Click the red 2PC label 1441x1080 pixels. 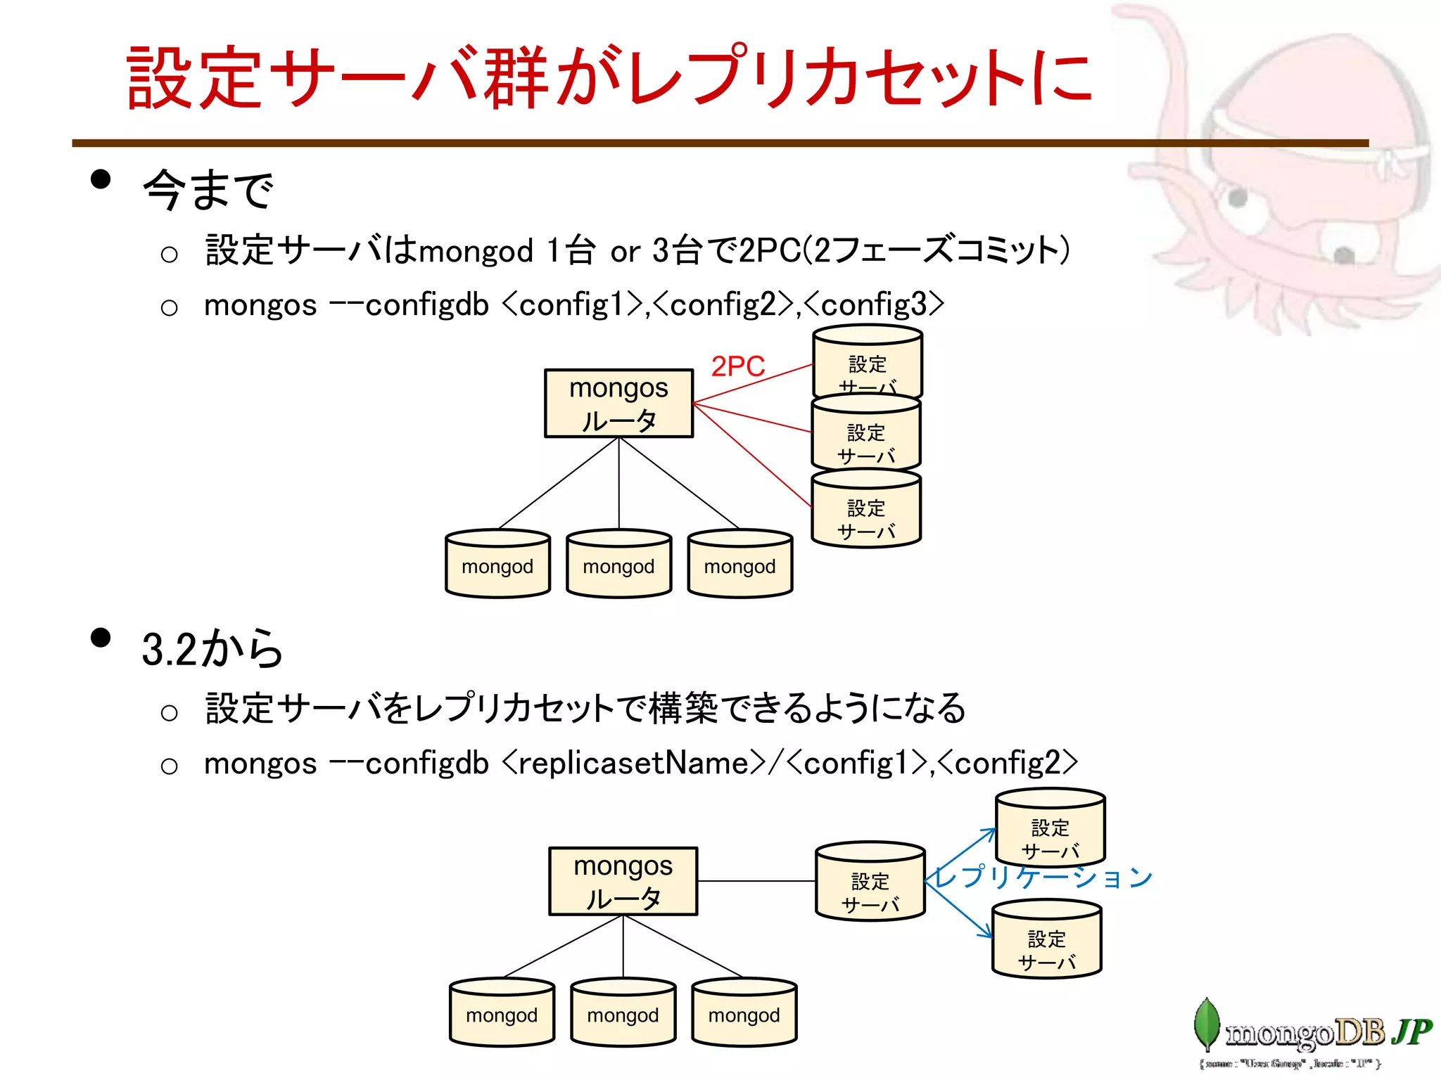(x=737, y=366)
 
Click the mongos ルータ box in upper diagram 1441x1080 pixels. (x=618, y=404)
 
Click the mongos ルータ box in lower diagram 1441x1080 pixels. (x=623, y=881)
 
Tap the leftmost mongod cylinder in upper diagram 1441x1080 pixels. (x=497, y=565)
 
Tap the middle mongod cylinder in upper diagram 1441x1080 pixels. (x=618, y=565)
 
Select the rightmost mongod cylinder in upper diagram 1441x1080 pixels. (x=739, y=565)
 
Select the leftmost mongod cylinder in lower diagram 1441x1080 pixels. (x=502, y=1013)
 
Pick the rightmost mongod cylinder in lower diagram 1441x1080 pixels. (x=744, y=1013)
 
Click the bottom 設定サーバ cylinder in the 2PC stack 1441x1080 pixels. (x=865, y=510)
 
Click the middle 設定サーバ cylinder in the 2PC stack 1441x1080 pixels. (x=865, y=435)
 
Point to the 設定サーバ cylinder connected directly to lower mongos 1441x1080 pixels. (x=870, y=883)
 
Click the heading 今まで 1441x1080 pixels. (x=208, y=190)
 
